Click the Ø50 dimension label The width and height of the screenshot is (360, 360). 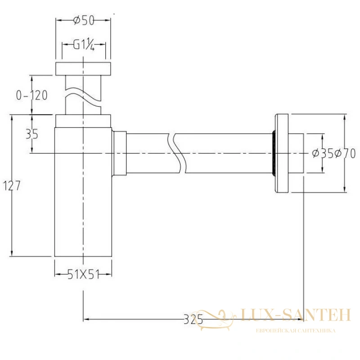84,20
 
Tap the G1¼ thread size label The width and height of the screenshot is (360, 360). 84,45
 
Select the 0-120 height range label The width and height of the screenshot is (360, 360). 31,95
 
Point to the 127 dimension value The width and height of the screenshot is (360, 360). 12,185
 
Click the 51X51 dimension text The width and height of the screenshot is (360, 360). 84,274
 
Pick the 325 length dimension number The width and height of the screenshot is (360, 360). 193,319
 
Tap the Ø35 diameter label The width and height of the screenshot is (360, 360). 323,153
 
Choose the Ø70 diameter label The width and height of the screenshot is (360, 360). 345,153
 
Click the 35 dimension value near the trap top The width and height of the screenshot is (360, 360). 32,134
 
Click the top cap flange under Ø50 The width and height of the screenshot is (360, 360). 83,69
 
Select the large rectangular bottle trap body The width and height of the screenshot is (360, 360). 83,192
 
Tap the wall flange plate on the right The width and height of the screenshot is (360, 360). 282,153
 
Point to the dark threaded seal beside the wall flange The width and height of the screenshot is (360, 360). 273,153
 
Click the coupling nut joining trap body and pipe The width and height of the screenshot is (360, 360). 119,153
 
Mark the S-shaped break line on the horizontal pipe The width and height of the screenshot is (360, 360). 176,153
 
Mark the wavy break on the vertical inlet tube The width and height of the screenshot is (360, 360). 83,97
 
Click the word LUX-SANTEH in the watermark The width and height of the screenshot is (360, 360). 296,315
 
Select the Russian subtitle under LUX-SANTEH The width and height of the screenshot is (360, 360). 296,331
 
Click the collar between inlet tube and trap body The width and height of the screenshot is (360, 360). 83,121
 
